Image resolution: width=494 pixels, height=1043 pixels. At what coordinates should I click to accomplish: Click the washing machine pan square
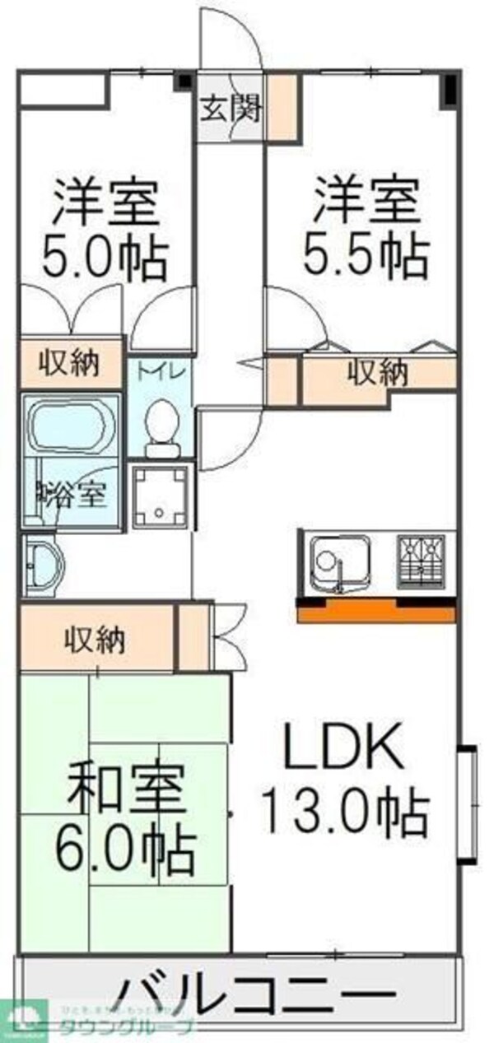(161, 496)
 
